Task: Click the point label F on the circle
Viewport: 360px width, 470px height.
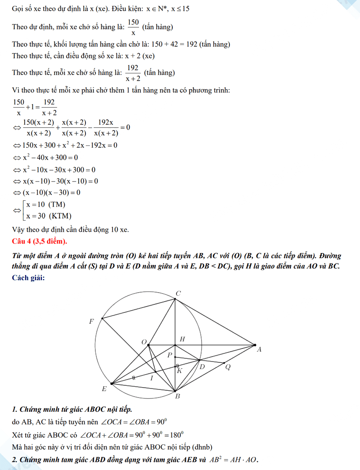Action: pyautogui.click(x=92, y=321)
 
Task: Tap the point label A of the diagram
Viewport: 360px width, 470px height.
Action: pyautogui.click(x=259, y=349)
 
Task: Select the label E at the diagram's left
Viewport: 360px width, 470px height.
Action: pyautogui.click(x=104, y=389)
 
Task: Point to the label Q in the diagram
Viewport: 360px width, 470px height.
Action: pyautogui.click(x=228, y=367)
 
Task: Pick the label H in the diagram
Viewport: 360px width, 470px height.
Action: pyautogui.click(x=182, y=339)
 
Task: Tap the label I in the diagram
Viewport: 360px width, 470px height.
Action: pyautogui.click(x=152, y=378)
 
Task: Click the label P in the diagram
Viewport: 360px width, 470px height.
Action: pyautogui.click(x=170, y=355)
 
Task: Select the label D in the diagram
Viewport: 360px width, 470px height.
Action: pyautogui.click(x=202, y=367)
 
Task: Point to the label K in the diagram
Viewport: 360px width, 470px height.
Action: pyautogui.click(x=180, y=371)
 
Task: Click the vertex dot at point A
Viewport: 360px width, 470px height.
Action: pyautogui.click(x=254, y=345)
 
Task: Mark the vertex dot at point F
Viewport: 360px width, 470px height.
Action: pyautogui.click(x=103, y=319)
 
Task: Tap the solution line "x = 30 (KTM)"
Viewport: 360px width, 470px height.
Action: pyautogui.click(x=49, y=216)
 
